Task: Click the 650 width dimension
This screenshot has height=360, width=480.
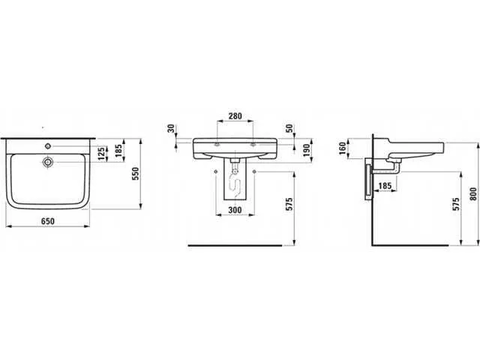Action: (48, 221)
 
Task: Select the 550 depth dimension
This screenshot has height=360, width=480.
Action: (135, 173)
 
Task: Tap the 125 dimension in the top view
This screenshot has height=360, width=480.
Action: (101, 153)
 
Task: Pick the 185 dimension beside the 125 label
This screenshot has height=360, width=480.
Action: (118, 150)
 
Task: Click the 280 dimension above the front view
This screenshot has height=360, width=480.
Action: (235, 116)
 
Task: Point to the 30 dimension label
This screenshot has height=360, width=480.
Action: (171, 128)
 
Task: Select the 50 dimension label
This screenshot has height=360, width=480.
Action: (289, 128)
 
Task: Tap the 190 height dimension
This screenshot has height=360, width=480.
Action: (307, 150)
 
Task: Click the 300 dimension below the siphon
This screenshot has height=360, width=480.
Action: (235, 210)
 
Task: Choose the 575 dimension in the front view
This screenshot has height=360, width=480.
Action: (289, 204)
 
